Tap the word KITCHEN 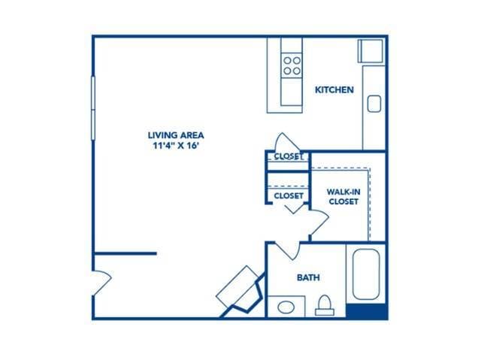(x=334, y=90)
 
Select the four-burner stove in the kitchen (x=292, y=65)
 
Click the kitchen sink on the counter (x=374, y=103)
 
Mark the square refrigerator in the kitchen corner (x=371, y=50)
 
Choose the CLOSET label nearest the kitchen (x=288, y=156)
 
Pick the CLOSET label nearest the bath (x=288, y=195)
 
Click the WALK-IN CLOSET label (x=342, y=196)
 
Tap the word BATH (x=308, y=278)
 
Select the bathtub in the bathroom (x=367, y=274)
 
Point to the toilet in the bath (x=325, y=304)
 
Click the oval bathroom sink (x=286, y=307)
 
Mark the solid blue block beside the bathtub (x=367, y=311)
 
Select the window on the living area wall (x=93, y=103)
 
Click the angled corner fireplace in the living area (x=240, y=289)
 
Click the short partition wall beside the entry (x=125, y=253)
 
